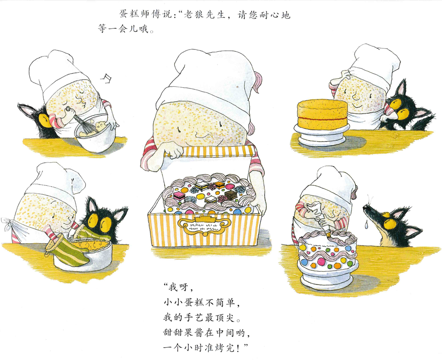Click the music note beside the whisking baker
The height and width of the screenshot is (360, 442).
click(107, 78)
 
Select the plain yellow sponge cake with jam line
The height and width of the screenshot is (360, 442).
click(322, 114)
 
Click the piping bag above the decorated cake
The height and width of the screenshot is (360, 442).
click(319, 217)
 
